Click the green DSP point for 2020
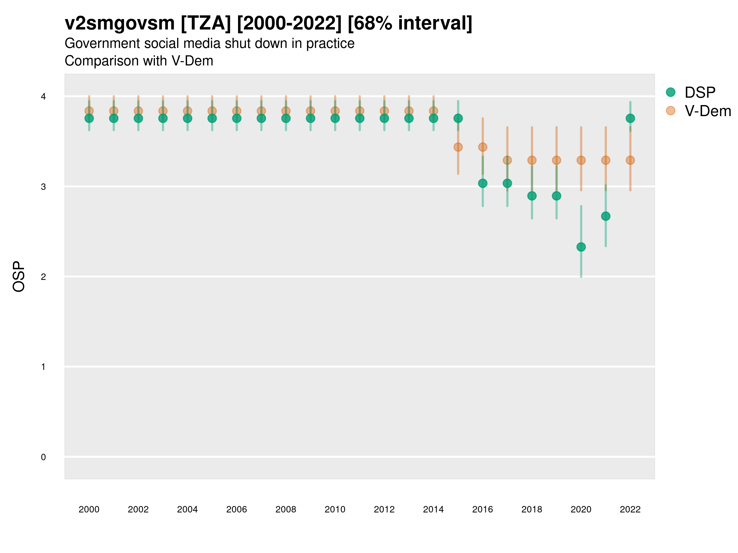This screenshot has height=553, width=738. (x=581, y=247)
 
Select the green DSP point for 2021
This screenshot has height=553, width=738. (x=605, y=216)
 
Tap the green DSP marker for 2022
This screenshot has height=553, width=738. (x=630, y=118)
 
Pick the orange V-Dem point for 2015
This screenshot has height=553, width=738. (x=458, y=147)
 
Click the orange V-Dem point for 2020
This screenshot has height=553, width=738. (x=581, y=160)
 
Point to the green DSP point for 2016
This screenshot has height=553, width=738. (x=483, y=183)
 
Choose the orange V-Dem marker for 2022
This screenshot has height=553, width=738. (x=630, y=160)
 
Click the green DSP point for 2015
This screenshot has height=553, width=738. (x=458, y=118)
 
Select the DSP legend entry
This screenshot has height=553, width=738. (x=700, y=92)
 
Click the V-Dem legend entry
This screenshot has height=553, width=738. (x=707, y=111)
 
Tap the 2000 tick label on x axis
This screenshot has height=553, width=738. (x=89, y=509)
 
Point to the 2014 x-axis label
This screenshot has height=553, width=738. (x=433, y=509)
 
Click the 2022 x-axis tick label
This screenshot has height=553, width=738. (x=630, y=509)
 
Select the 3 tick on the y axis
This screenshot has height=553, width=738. (x=43, y=187)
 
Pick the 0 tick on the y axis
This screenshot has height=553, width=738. (x=43, y=457)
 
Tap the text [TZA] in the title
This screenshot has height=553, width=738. (x=205, y=23)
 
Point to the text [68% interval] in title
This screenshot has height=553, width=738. (x=410, y=23)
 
